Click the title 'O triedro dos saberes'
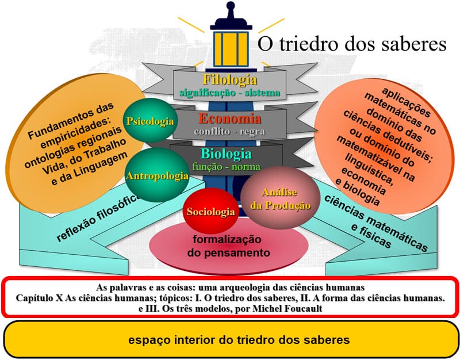[x=351, y=44]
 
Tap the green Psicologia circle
[x=149, y=121]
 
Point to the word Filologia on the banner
[x=230, y=80]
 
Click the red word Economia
[x=230, y=119]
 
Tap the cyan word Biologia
[x=226, y=154]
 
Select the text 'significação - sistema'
[x=229, y=92]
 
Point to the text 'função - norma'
[x=226, y=167]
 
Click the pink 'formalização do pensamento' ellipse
[x=228, y=246]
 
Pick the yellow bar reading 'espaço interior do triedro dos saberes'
[x=229, y=340]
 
